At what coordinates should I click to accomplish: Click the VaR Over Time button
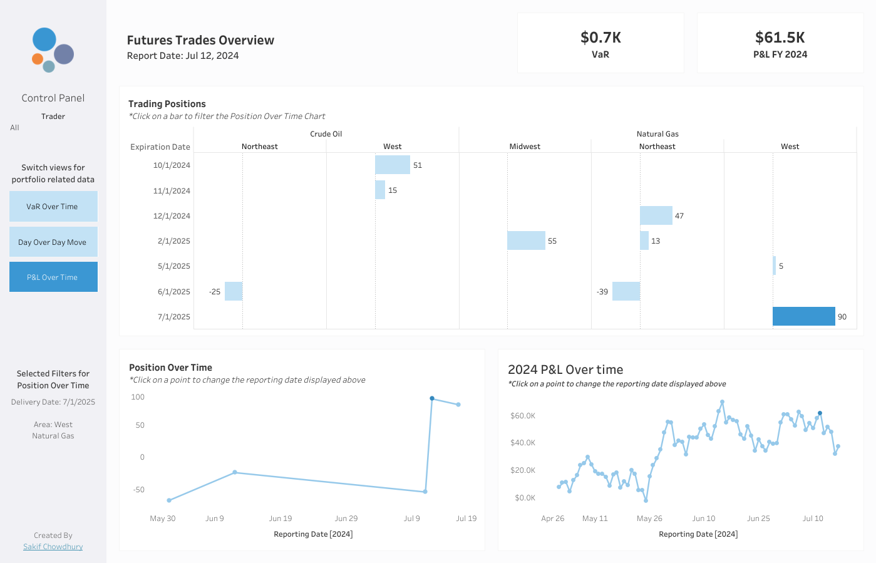point(53,206)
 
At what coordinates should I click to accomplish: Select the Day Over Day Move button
point(53,242)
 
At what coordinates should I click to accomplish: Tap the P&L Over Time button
point(53,277)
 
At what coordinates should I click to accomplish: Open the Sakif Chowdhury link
point(53,546)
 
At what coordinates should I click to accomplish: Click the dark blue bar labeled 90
point(803,316)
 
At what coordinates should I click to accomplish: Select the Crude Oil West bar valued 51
point(392,165)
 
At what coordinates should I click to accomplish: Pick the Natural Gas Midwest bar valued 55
point(526,240)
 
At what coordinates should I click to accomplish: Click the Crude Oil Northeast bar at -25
point(234,291)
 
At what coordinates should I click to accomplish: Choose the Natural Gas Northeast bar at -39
point(626,291)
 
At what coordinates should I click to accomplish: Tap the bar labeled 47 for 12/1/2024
point(656,215)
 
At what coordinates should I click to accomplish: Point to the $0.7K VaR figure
point(600,38)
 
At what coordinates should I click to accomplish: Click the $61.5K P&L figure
point(780,38)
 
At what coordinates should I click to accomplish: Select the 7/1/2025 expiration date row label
point(173,316)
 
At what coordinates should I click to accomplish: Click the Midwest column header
point(525,147)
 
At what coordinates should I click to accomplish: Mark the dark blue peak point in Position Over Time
point(432,398)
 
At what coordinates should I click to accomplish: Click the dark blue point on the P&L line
point(820,413)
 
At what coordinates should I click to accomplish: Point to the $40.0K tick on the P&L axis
point(522,443)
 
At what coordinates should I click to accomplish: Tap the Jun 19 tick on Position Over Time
point(281,518)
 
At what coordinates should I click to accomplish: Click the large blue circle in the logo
point(44,39)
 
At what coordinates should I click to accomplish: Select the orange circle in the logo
point(38,59)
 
